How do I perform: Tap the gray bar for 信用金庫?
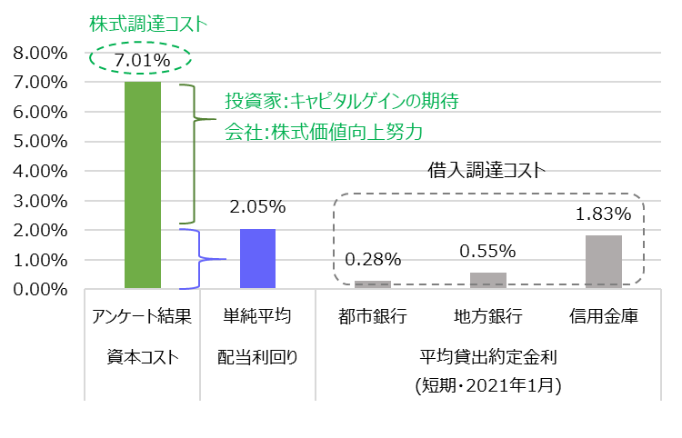[x=604, y=262]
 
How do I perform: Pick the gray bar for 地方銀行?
[x=488, y=281]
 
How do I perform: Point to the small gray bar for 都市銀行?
[x=373, y=285]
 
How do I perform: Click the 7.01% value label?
[x=142, y=61]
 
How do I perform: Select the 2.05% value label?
[x=257, y=207]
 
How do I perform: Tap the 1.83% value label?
[x=604, y=214]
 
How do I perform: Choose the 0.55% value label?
[x=488, y=251]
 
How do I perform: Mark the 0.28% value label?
[x=373, y=260]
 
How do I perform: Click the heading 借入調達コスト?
[x=486, y=169]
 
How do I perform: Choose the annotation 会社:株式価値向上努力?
[x=324, y=132]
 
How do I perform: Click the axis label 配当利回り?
[x=257, y=357]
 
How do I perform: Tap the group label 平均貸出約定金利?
[x=487, y=357]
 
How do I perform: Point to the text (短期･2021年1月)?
[x=487, y=386]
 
